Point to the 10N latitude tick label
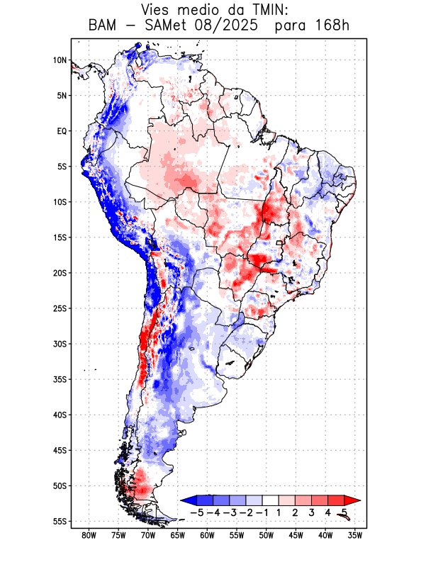click(60, 60)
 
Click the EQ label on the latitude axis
click(62, 131)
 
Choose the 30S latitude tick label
click(60, 344)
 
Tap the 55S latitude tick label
click(60, 522)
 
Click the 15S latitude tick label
click(60, 237)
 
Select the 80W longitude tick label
click(89, 535)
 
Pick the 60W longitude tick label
click(208, 535)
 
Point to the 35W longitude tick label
click(356, 535)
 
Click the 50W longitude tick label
click(266, 535)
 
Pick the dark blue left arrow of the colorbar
click(189, 500)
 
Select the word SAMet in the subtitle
click(169, 27)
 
